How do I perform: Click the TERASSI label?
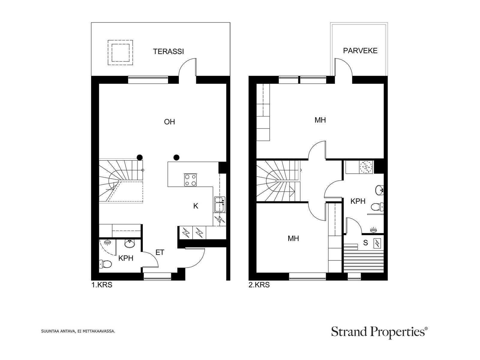168,52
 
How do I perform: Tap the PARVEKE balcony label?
360,51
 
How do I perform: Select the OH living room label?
169,122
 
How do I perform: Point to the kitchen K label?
196,206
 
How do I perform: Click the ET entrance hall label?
160,253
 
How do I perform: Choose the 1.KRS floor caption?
102,285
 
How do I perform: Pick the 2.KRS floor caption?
259,285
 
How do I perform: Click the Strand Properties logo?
379,332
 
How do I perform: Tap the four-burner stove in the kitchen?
190,180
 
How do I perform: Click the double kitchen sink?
220,204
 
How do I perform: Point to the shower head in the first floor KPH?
107,242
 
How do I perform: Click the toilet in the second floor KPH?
378,207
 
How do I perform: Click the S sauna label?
365,243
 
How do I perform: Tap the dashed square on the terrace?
120,52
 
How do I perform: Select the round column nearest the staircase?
139,157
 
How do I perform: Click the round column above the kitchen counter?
176,157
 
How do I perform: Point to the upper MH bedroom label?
320,120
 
